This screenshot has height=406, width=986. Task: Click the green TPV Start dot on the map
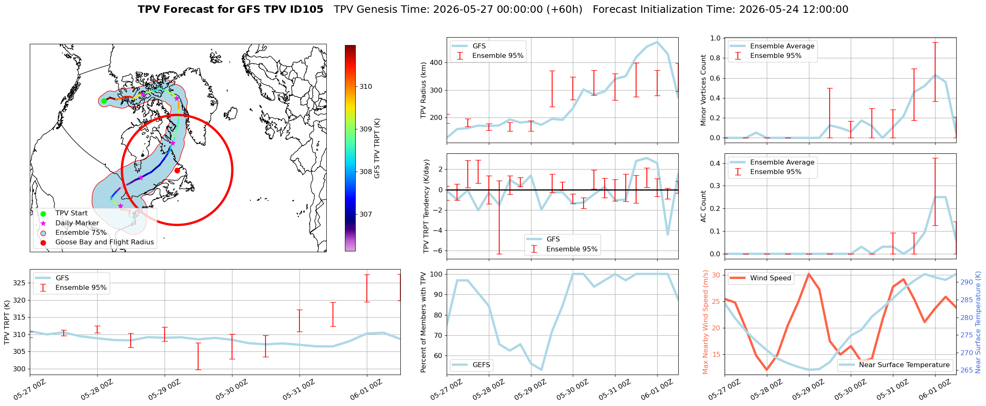coord(104,101)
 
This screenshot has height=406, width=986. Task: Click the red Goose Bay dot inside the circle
coord(177,170)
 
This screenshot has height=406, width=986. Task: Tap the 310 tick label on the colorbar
coord(366,87)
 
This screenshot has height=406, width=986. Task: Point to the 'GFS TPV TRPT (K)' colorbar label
coord(377,148)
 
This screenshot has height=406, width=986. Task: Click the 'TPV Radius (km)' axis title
coord(423,90)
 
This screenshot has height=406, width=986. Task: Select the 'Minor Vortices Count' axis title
coord(703,90)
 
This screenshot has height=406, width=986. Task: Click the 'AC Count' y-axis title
coord(703,206)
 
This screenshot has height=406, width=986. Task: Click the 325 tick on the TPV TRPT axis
coord(21,283)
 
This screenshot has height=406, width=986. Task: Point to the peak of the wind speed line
coord(809,274)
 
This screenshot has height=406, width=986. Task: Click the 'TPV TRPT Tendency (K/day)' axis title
coord(426,206)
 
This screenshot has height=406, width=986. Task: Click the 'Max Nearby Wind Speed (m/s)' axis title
coord(706,322)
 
